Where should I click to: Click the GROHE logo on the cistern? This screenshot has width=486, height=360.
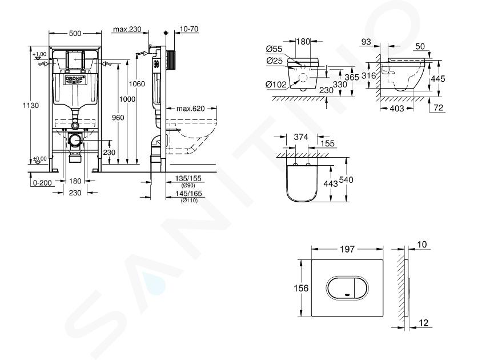point(75,79)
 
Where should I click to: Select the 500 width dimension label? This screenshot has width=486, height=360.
point(75,33)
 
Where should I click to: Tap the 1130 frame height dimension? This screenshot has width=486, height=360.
point(31,105)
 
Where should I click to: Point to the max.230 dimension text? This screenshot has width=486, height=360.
point(127,29)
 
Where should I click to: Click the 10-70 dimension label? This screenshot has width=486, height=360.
point(189,29)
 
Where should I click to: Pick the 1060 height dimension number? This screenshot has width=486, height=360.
point(136,84)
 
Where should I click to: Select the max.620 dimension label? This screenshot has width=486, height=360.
point(191,109)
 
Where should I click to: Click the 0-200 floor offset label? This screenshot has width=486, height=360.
point(42,183)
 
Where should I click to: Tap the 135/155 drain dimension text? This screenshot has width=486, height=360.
point(188,179)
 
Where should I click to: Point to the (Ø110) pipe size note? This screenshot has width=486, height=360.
point(189,201)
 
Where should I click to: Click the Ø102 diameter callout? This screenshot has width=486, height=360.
point(276,85)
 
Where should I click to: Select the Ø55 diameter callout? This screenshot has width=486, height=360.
point(274,49)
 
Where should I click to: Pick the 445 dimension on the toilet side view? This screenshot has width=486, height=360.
point(438,79)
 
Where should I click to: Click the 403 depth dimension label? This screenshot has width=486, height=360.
point(397,108)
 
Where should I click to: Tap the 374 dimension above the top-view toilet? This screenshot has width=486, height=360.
point(301,137)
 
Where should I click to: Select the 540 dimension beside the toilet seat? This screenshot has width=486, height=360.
point(346,180)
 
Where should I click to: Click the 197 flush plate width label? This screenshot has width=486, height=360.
point(347,249)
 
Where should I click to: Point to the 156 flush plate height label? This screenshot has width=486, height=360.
point(301,288)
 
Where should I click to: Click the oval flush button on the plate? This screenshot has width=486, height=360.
point(347,288)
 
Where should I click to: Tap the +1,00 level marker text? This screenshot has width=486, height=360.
point(39,54)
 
